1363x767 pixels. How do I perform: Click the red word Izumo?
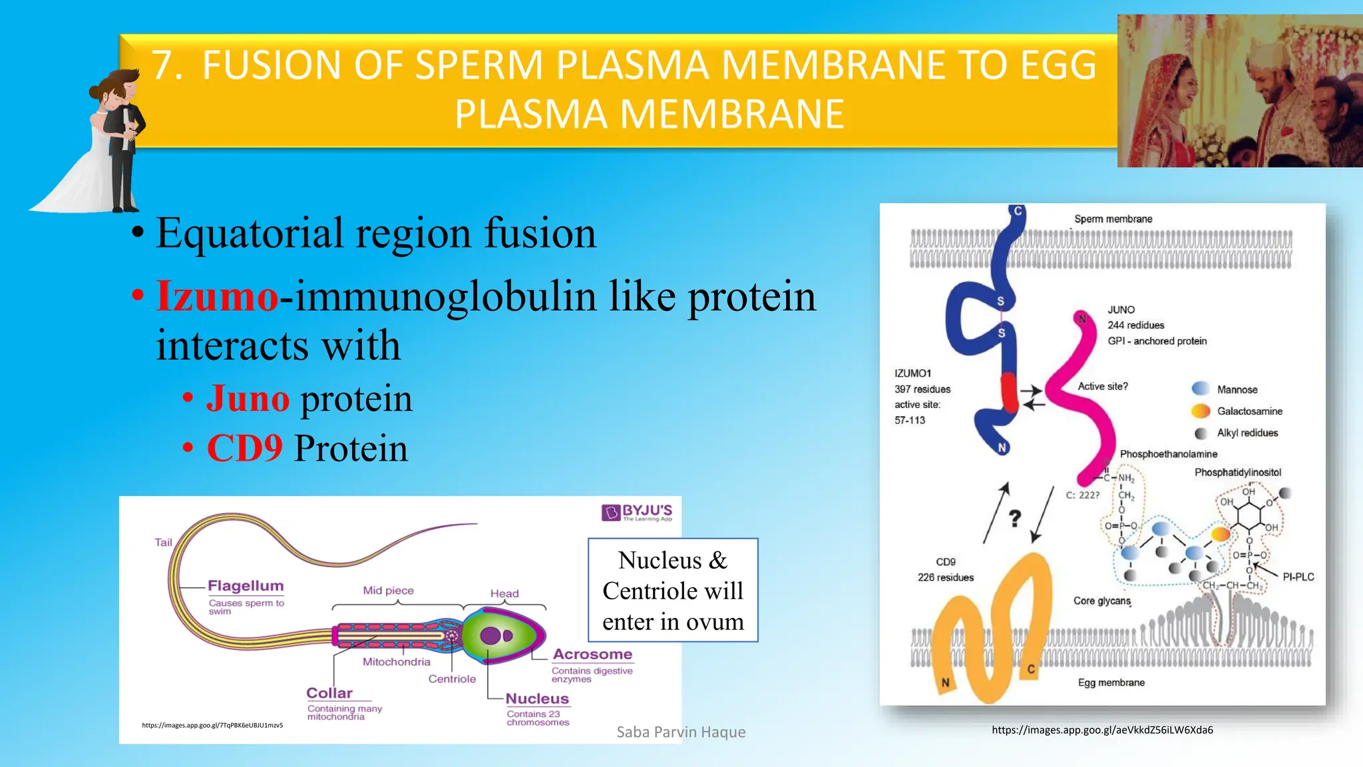217,296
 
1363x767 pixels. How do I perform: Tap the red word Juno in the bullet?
248,399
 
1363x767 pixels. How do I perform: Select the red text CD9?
245,448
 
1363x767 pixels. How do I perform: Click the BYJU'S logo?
638,512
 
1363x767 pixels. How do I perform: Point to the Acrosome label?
592,654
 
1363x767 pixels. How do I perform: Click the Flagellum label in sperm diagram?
246,586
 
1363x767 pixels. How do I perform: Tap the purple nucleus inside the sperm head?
491,635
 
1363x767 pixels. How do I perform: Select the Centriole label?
452,679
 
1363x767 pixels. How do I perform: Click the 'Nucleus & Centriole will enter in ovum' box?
673,591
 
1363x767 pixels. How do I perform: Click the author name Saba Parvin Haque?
681,732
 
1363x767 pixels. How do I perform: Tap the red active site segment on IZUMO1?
1010,392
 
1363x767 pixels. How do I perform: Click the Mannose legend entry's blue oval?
1201,389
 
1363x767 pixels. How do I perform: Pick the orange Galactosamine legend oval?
1201,411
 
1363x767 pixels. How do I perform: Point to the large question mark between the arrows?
1014,518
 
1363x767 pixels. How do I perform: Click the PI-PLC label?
1298,577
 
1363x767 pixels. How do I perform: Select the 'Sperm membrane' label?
1113,219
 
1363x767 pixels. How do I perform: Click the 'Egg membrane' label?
1111,682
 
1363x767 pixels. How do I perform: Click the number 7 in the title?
166,65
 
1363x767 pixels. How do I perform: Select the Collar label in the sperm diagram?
329,693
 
